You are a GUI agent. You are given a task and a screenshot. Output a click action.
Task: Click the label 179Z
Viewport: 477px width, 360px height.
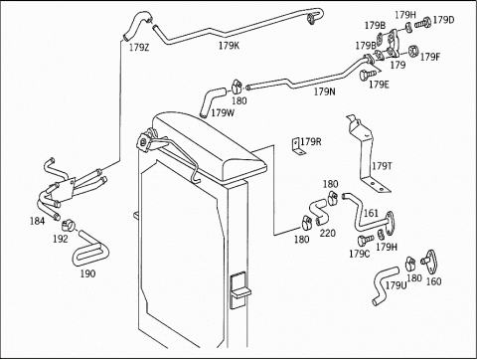[x=139, y=48]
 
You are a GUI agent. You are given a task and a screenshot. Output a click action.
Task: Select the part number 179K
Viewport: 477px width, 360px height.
[x=229, y=46]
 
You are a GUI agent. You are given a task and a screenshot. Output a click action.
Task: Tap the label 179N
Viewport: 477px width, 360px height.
[x=325, y=91]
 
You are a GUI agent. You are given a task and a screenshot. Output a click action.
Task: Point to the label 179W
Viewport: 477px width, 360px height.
[x=223, y=113]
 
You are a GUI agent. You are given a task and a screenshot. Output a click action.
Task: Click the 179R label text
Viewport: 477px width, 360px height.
[x=311, y=142]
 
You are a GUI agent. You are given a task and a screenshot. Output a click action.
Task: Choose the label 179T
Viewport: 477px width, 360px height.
[x=382, y=166]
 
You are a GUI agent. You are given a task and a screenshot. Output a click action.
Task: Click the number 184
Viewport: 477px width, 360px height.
[x=37, y=221]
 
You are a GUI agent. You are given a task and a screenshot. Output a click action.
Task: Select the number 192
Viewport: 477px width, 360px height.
[x=61, y=239]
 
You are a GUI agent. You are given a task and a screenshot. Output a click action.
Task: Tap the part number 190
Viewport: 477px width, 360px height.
[x=87, y=273]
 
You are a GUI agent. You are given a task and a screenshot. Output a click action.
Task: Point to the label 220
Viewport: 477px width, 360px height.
[x=328, y=234]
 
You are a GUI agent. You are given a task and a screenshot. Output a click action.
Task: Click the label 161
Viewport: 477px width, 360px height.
[x=371, y=213]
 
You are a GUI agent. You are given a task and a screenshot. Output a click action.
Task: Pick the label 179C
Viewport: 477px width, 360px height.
[x=360, y=254]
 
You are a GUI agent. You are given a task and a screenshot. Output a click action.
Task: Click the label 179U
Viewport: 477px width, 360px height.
[x=396, y=285]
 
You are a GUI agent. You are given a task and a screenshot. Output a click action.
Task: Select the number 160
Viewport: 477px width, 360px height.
[x=433, y=281]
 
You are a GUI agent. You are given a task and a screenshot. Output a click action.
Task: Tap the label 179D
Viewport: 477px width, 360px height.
[x=443, y=20]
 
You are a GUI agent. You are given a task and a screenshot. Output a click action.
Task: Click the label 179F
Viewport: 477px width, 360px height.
[x=430, y=58]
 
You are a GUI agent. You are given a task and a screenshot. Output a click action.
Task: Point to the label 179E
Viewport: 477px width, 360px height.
[x=379, y=85]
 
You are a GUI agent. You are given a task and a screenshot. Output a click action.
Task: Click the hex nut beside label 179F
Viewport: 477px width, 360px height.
[x=413, y=51]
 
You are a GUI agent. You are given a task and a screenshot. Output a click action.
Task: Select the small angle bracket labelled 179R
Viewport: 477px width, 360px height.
[x=298, y=146]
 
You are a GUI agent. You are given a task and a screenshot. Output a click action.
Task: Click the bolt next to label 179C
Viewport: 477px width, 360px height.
[x=365, y=240]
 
